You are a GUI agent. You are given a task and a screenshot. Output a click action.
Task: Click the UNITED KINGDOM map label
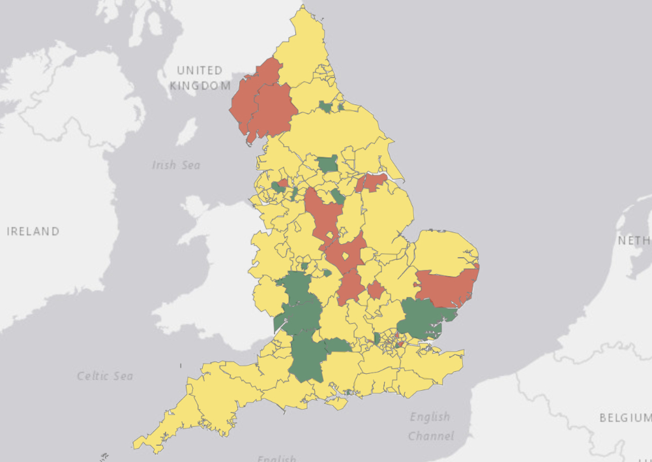pyautogui.click(x=200, y=78)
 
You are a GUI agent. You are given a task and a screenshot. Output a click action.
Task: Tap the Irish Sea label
pyautogui.click(x=176, y=165)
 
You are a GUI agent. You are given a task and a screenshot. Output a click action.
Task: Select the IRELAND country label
pyautogui.click(x=33, y=231)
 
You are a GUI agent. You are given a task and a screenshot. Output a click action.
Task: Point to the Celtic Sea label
pyautogui.click(x=105, y=376)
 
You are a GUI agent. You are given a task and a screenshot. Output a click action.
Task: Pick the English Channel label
pyautogui.click(x=430, y=425)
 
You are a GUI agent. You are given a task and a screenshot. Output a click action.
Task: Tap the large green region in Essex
pyautogui.click(x=421, y=318)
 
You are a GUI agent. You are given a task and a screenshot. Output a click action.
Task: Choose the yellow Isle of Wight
pyautogui.click(x=336, y=404)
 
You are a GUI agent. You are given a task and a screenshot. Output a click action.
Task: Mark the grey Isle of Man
pyautogui.click(x=187, y=131)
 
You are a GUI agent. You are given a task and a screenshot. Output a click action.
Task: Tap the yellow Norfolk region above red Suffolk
pyautogui.click(x=443, y=251)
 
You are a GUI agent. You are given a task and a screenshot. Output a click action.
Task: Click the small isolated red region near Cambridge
pyautogui.click(x=375, y=290)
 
